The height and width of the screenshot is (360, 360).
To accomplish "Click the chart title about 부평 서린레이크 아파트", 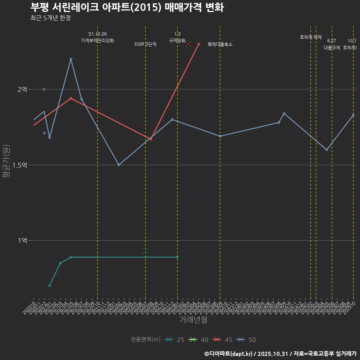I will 127,7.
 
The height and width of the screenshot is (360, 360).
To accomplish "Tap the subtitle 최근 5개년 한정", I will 50,18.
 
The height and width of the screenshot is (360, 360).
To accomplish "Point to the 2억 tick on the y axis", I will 22,89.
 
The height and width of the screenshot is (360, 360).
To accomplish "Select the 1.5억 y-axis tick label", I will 19,165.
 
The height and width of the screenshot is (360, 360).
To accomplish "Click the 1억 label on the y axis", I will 22,240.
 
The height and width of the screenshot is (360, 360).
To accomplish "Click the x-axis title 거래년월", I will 193,320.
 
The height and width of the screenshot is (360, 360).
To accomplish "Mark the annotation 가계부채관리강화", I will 97,40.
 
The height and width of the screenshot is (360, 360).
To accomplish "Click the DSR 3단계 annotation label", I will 145,44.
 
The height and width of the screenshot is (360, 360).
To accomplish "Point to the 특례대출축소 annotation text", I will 220,44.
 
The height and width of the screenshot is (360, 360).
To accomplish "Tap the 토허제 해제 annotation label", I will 311,37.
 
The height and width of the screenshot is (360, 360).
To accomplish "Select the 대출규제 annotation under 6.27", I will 332,48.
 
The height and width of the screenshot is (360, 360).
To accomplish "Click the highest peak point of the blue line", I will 70,59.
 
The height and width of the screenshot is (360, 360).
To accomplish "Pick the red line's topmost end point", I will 199,44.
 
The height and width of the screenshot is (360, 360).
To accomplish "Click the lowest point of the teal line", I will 49,286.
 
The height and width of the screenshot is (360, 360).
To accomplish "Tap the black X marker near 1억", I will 145,251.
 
